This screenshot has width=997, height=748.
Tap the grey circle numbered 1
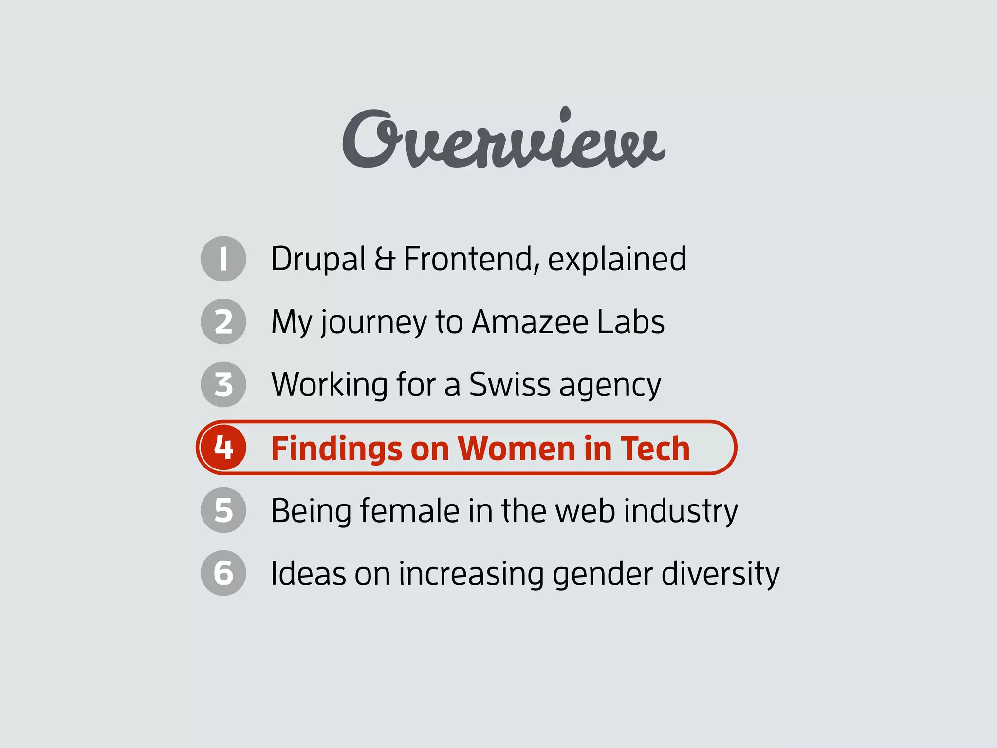point(223,259)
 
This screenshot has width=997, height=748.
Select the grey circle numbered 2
point(223,321)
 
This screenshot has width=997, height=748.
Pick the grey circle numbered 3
point(223,384)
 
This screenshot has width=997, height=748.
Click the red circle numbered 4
point(223,447)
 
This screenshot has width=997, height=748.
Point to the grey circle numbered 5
point(223,510)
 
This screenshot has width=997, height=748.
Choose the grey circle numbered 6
point(223,573)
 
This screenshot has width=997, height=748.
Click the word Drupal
point(318,260)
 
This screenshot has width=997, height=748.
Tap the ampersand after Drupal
point(385,259)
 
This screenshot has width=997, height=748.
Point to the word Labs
point(630,322)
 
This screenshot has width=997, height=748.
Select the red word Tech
point(655,448)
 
